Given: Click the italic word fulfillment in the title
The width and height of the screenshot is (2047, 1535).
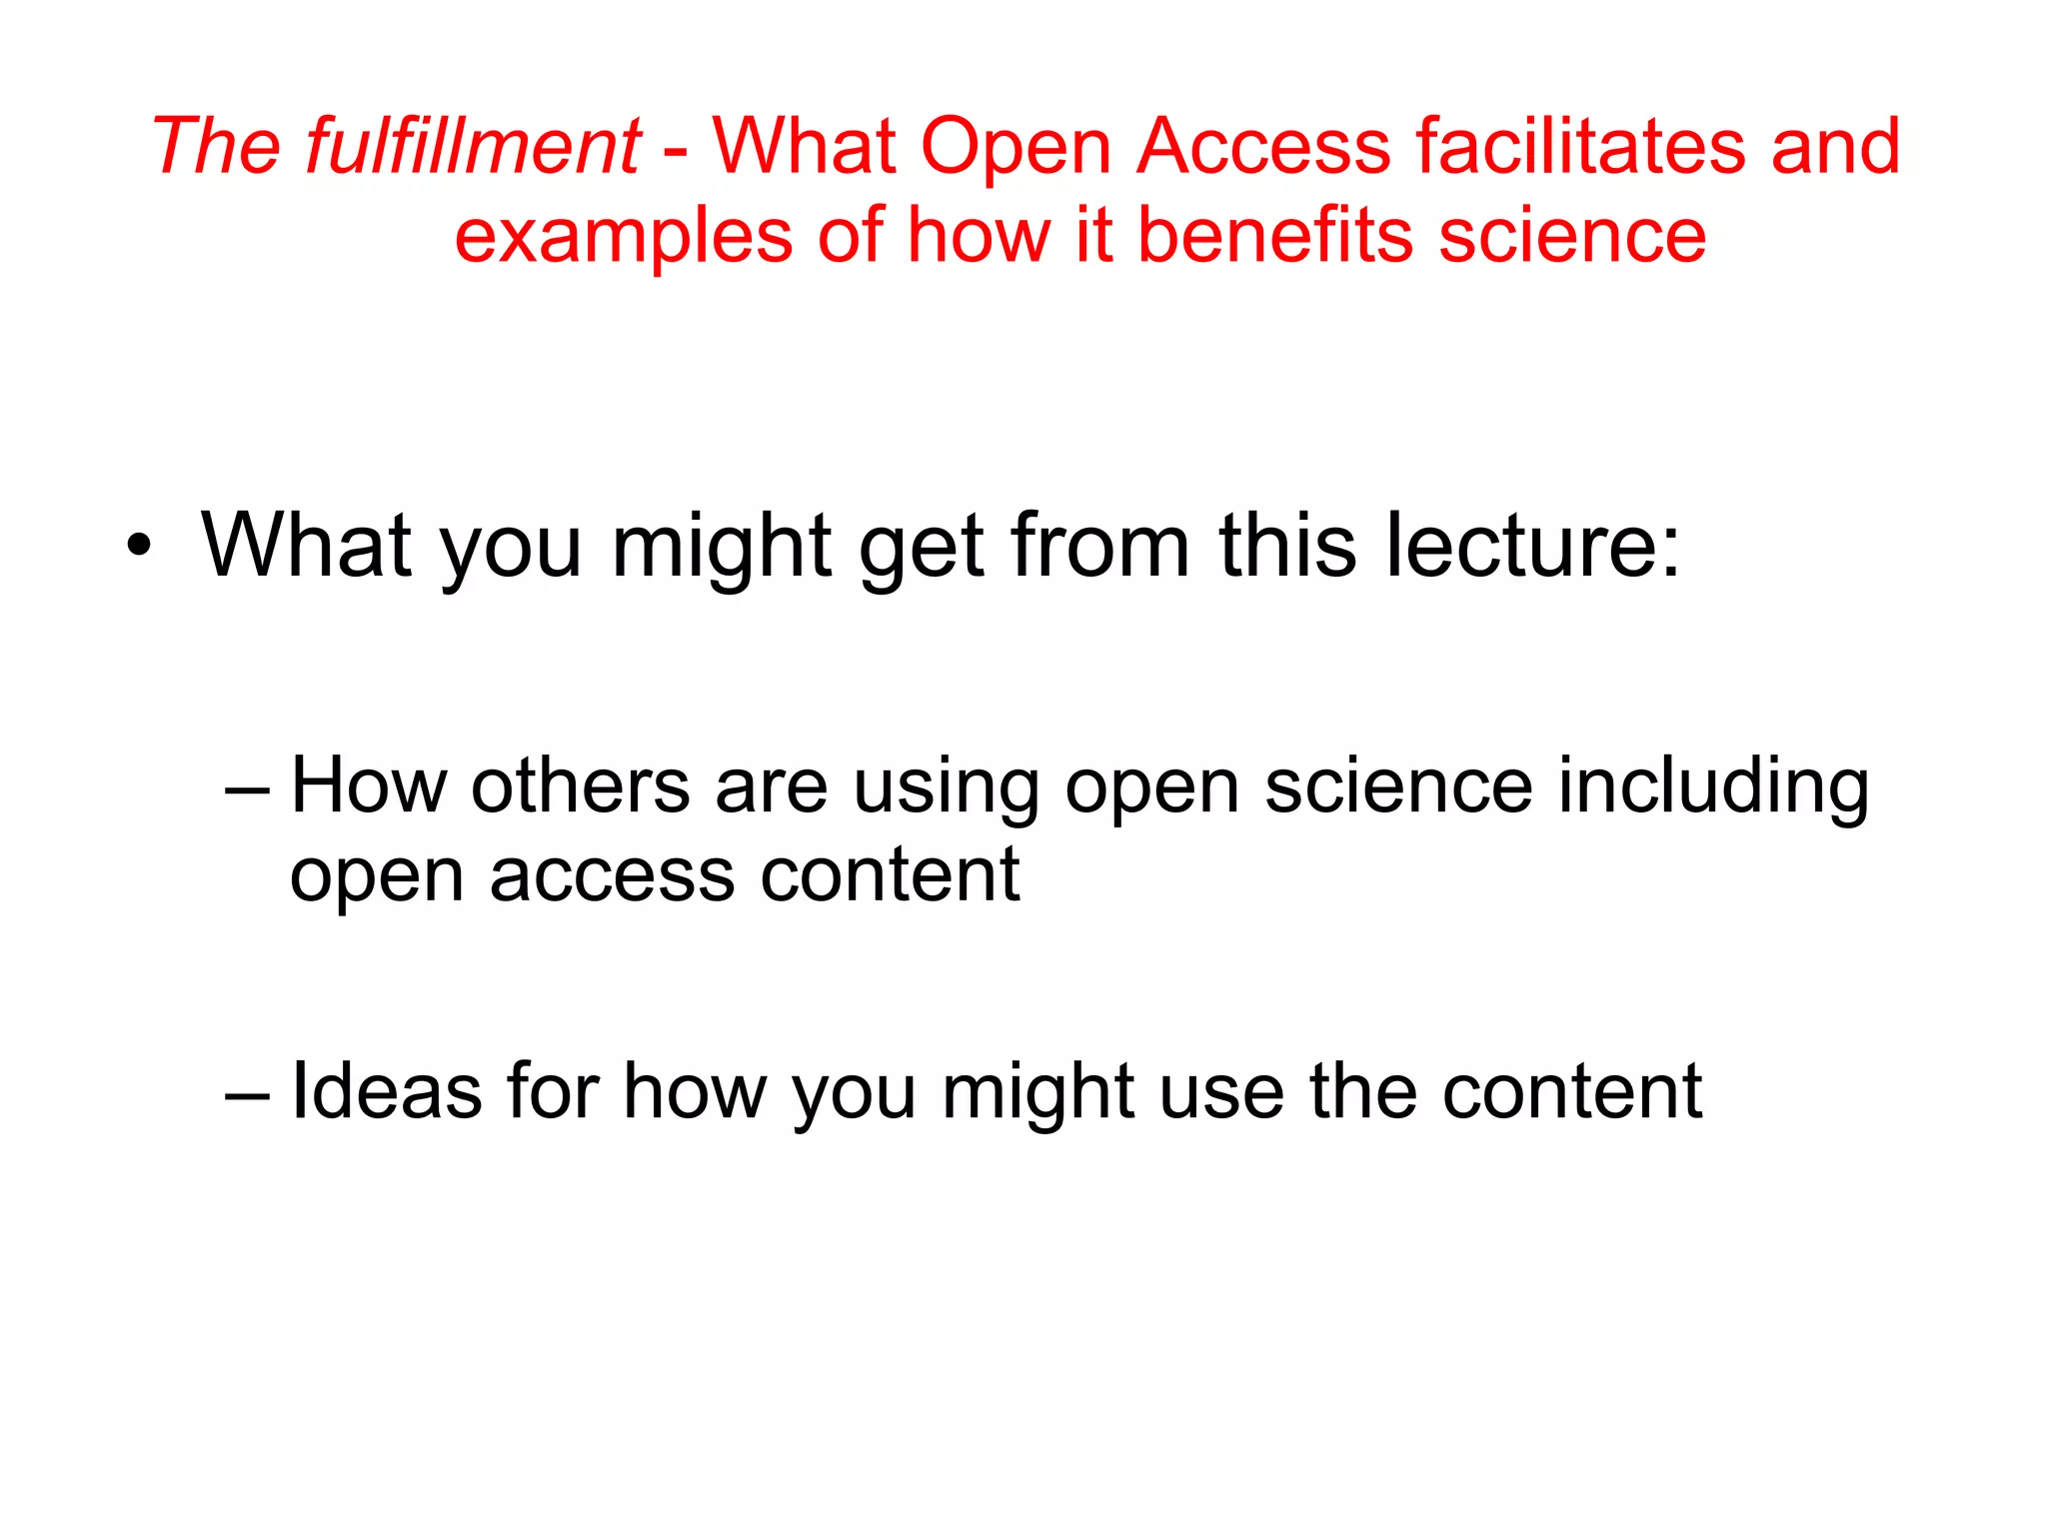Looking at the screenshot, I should (x=472, y=147).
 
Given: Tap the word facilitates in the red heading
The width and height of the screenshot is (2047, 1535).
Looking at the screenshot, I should (x=1579, y=147).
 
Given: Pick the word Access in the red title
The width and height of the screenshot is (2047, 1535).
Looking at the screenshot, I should (x=1263, y=147).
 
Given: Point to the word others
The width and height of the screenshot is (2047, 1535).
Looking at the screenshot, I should (x=581, y=785).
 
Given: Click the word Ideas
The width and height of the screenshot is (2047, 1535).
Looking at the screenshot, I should (x=385, y=1090).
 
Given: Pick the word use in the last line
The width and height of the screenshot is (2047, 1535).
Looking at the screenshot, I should (x=1221, y=1092).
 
